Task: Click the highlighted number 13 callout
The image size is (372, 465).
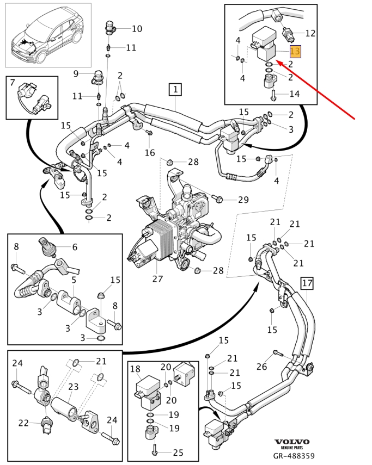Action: [x=295, y=52]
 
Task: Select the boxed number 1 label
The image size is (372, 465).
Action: [x=175, y=89]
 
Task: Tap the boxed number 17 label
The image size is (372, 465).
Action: [x=307, y=283]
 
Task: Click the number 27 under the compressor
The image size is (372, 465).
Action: [x=157, y=280]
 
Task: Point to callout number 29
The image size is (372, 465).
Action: [x=243, y=200]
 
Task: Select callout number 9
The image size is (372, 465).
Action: [x=76, y=73]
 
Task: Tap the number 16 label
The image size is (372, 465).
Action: [x=150, y=153]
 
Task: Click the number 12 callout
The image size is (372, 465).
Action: [x=310, y=33]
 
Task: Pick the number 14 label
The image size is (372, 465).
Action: [x=294, y=94]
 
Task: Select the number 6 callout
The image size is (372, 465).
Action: [x=75, y=247]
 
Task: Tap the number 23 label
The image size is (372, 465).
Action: [x=73, y=387]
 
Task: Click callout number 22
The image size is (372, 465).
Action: [x=23, y=423]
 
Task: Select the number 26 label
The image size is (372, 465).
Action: [x=262, y=367]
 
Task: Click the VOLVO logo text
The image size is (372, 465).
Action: [x=291, y=442]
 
